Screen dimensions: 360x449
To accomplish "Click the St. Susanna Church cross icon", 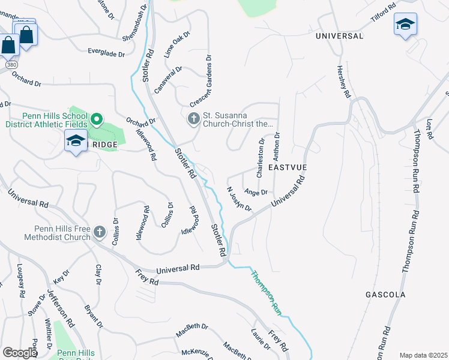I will pyautogui.click(x=194, y=119).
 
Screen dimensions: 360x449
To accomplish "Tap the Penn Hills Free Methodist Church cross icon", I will pyautogui.click(x=100, y=232).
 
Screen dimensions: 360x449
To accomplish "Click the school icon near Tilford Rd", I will pyautogui.click(x=405, y=24).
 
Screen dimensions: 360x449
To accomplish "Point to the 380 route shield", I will pyautogui.click(x=11, y=64).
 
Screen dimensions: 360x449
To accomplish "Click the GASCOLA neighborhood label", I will pyautogui.click(x=385, y=295).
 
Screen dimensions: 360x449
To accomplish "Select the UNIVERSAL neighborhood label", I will pyautogui.click(x=340, y=36).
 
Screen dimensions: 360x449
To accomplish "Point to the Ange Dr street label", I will pyautogui.click(x=256, y=193).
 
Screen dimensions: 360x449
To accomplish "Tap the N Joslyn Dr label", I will pyautogui.click(x=238, y=199).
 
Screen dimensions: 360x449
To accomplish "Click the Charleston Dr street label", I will pyautogui.click(x=261, y=159).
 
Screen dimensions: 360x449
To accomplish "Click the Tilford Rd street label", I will pyautogui.click(x=384, y=13).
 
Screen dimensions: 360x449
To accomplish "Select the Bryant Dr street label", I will pyautogui.click(x=92, y=316).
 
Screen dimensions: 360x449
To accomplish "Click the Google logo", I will pyautogui.click(x=20, y=353).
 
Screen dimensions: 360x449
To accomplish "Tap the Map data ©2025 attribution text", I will pyautogui.click(x=423, y=355).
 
